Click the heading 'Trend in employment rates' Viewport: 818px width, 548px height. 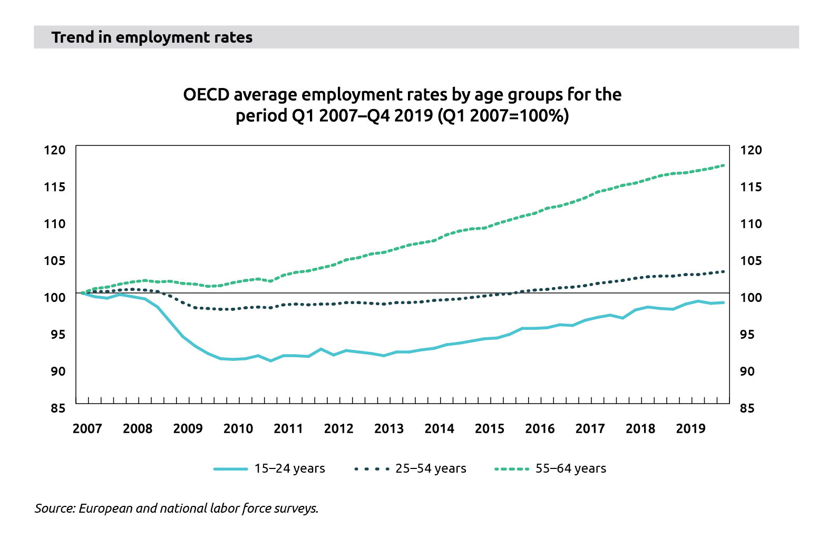(x=152, y=37)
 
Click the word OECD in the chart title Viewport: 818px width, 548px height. (x=206, y=95)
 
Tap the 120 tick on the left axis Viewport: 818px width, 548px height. (x=55, y=150)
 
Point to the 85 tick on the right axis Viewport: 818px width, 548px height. (x=751, y=408)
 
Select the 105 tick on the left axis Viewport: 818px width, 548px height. (x=55, y=261)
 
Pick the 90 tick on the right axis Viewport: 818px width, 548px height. (x=751, y=371)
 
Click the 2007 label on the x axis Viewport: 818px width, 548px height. (x=87, y=428)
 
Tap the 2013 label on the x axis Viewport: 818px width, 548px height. (x=389, y=428)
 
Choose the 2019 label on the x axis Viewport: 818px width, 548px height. (x=690, y=428)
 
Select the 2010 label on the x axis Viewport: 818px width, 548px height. (x=238, y=428)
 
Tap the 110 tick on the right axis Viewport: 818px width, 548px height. (x=751, y=224)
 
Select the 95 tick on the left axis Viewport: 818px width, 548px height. (x=55, y=334)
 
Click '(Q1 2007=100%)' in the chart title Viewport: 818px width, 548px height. (x=503, y=115)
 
